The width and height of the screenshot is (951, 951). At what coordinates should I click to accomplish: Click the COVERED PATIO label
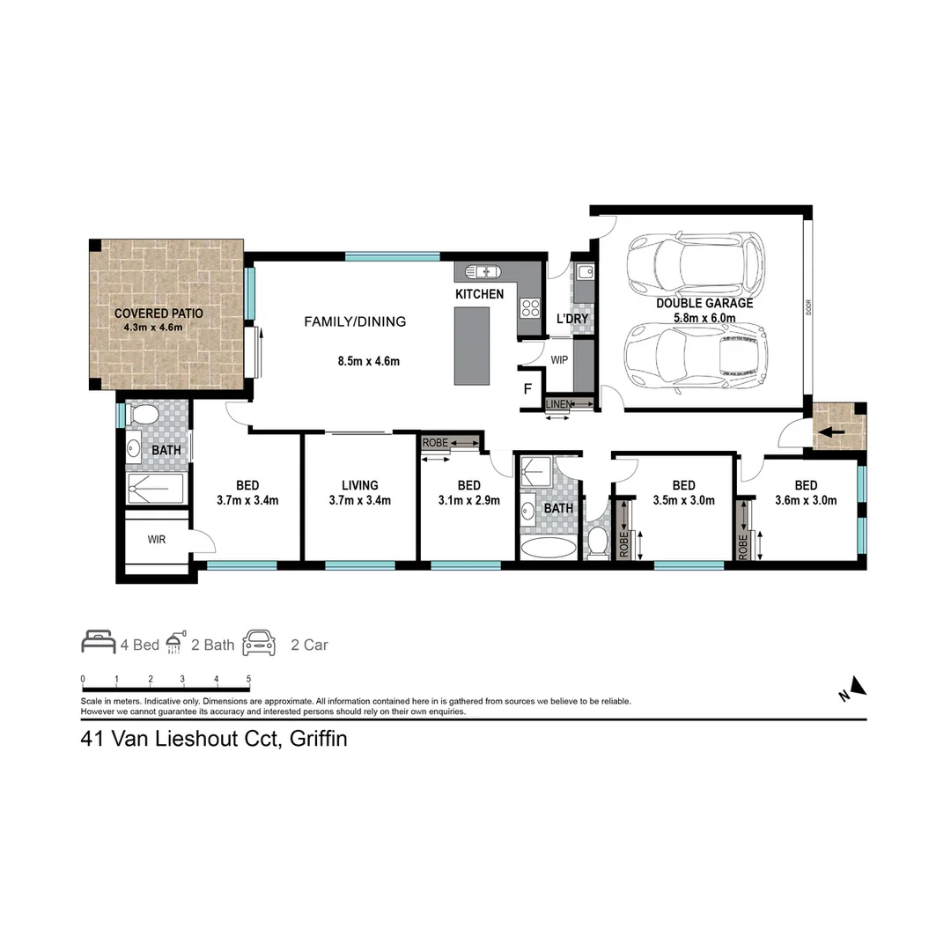(x=158, y=313)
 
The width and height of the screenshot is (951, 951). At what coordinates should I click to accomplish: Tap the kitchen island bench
(x=471, y=345)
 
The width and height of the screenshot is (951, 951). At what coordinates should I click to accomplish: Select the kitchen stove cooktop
(x=530, y=307)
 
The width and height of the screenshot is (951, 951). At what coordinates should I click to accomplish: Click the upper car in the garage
(x=695, y=262)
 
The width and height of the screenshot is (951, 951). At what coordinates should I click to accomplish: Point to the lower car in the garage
(x=696, y=355)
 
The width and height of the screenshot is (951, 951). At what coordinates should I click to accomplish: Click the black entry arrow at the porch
(x=831, y=432)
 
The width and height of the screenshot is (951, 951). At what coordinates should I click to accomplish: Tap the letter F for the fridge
(x=528, y=388)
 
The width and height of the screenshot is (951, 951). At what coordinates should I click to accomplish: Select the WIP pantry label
(x=558, y=361)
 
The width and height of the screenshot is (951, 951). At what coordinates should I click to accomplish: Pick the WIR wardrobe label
(x=157, y=539)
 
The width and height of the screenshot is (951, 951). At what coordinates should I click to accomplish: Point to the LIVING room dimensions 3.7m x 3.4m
(x=359, y=500)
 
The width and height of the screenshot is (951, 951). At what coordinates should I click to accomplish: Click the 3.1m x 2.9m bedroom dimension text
(x=468, y=500)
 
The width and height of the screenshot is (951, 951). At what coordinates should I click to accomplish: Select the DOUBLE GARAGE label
(x=704, y=303)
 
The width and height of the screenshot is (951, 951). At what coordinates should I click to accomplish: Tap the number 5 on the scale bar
(x=249, y=679)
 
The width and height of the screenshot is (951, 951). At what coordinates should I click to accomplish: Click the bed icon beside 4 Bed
(x=98, y=642)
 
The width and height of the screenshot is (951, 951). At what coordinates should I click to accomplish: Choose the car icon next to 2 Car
(x=260, y=642)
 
